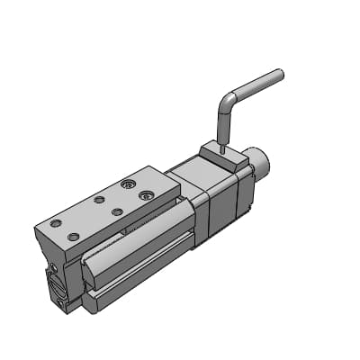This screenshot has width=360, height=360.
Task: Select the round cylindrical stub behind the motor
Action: [x=259, y=166]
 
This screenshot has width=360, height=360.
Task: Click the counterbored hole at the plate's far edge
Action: [x=130, y=183]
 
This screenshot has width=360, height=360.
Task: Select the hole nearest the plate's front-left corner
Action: [x=72, y=236]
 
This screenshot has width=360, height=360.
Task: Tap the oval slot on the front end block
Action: [x=56, y=288]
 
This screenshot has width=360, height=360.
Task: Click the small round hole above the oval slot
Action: [x=53, y=268]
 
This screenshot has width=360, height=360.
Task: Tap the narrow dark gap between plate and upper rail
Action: [x=135, y=225]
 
